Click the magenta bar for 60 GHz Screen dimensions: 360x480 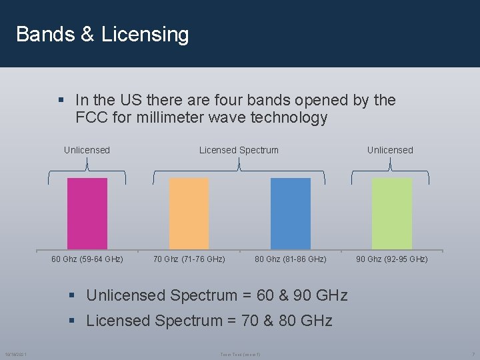[87, 213]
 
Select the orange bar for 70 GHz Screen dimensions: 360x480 [189, 213]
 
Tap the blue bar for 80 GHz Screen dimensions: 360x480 [291, 213]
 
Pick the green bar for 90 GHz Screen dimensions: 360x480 [392, 213]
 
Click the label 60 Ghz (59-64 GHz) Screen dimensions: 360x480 [87, 259]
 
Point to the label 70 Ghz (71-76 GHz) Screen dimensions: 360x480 [189, 259]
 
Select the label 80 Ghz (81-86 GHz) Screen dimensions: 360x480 [291, 259]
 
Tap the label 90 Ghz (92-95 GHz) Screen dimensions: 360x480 [392, 259]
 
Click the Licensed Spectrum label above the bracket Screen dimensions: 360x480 [239, 150]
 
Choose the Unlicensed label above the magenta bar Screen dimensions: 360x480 [87, 150]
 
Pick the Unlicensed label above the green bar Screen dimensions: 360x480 [390, 150]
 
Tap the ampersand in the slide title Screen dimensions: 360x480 [87, 35]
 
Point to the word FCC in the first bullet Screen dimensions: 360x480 [91, 118]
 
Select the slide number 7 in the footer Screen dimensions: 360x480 [473, 353]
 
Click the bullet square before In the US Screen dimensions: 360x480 [61, 101]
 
